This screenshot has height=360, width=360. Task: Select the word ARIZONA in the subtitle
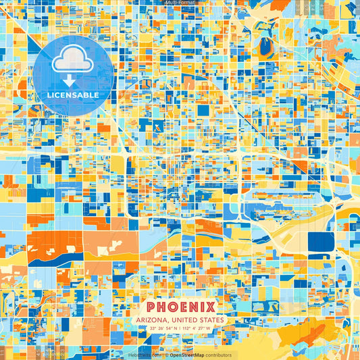[153, 319]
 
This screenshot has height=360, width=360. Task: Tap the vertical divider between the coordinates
[180, 329]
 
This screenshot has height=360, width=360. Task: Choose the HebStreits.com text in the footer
[143, 355]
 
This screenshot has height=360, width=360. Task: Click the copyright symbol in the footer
[166, 355]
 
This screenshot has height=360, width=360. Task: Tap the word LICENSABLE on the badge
[73, 95]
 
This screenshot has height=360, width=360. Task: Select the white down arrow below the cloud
[69, 80]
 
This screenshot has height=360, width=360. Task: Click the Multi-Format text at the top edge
[180, 3]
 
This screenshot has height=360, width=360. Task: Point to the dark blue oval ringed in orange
[265, 46]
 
